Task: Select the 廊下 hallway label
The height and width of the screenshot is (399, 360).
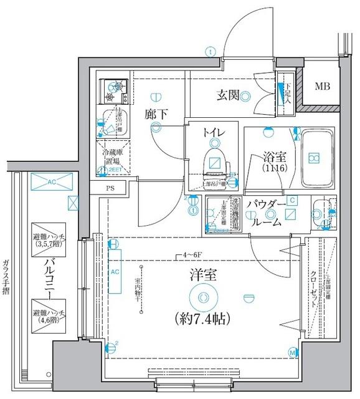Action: pyautogui.click(x=156, y=115)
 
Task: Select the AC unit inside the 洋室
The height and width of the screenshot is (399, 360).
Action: pyautogui.click(x=114, y=272)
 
